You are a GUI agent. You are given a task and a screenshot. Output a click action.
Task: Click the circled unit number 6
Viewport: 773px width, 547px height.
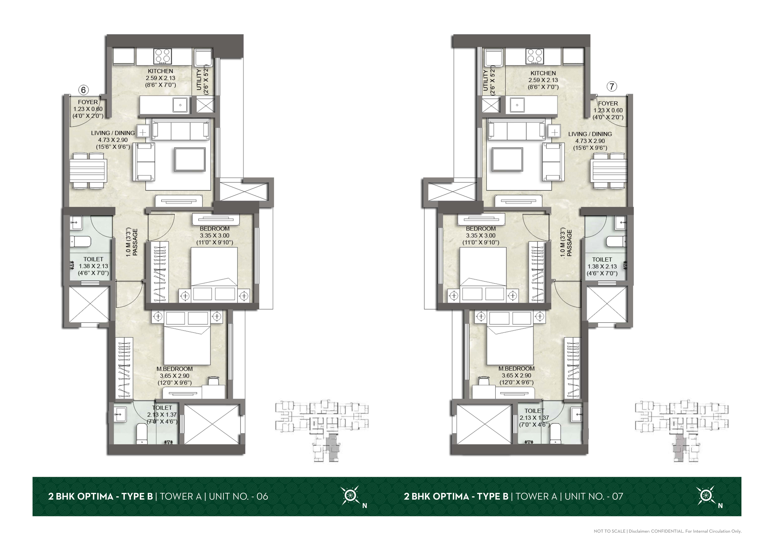84,90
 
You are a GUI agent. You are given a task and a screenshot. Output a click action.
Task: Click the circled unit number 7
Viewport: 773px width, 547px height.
612,87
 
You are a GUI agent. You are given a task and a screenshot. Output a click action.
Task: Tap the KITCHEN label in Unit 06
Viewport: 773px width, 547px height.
161,71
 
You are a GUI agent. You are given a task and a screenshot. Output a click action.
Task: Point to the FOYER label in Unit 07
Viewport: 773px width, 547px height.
608,103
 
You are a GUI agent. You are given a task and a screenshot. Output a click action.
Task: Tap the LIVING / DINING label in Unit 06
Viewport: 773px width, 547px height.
113,133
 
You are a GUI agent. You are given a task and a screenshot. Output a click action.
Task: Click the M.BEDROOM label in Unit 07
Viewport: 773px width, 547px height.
517,368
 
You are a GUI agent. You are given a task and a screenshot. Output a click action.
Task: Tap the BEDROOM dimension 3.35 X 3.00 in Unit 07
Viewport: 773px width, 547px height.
481,235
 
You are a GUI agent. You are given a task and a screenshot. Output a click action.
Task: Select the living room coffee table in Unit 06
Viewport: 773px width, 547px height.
190,159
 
